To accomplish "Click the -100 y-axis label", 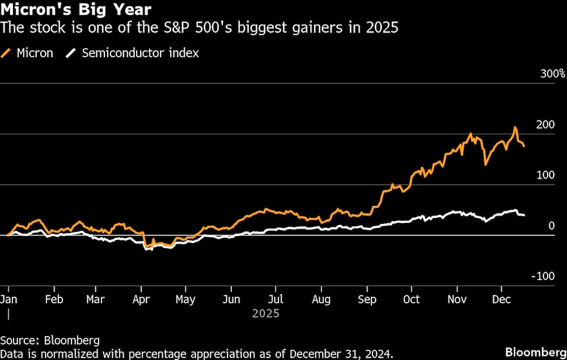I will (543, 276).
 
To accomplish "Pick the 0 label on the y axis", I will (551, 226).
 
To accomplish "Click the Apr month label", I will (141, 299).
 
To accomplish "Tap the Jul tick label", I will (276, 299).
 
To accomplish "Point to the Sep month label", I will (367, 299).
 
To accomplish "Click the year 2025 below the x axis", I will (266, 313).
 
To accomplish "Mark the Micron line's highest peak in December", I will (515, 127).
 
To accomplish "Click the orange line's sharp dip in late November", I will (485, 164).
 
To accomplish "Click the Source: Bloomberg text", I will (50, 340).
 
